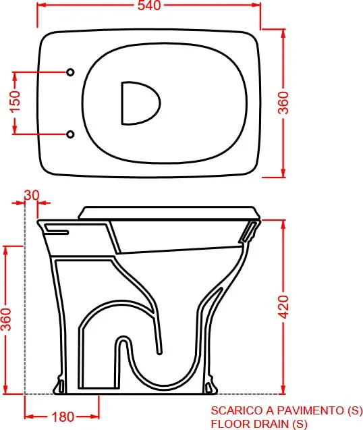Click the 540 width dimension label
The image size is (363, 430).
coord(149,5)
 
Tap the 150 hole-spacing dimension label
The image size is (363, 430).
coord(16,102)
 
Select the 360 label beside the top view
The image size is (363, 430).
coord(284,103)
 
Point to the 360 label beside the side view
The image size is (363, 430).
coord(6,319)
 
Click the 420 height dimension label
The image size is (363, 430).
coord(284,307)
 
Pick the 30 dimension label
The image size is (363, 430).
coord(32,195)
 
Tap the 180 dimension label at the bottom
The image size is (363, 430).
coord(63,417)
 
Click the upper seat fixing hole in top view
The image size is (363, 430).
coord(70,72)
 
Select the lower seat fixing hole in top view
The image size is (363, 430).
coord(70,134)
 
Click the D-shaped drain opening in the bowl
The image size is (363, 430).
coord(140,103)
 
